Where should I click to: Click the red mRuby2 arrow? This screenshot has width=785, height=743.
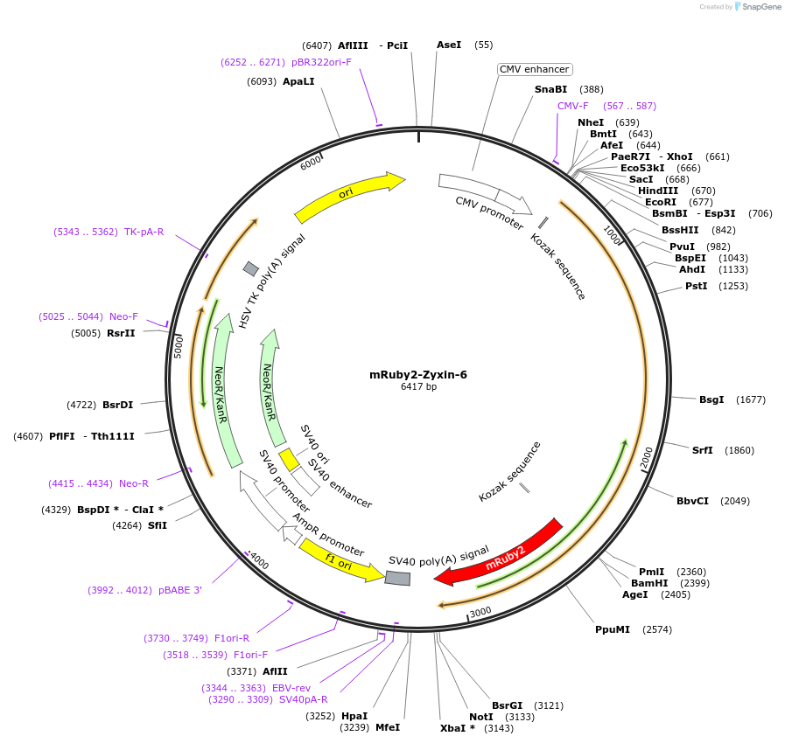[x=500, y=553]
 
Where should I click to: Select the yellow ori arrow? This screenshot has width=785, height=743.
[x=348, y=197]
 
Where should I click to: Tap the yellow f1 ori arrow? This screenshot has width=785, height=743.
[x=340, y=559]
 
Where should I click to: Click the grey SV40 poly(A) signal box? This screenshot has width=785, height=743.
[x=398, y=578]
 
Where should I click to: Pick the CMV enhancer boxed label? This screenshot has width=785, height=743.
[x=535, y=69]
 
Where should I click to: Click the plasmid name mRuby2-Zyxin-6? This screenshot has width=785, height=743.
[x=418, y=375]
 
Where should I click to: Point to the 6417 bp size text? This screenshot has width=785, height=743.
[x=418, y=386]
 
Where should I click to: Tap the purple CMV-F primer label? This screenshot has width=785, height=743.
[x=573, y=106]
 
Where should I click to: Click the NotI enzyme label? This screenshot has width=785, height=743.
[x=481, y=717]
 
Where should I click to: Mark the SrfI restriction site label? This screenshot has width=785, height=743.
[x=703, y=450]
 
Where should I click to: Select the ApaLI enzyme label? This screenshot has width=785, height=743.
[x=298, y=81]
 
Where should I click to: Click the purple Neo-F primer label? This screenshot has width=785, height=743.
[x=123, y=316]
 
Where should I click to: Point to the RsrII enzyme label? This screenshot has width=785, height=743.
[x=121, y=333]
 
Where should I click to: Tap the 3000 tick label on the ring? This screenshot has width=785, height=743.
[x=480, y=612]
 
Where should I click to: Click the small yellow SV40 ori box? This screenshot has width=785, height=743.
[x=289, y=458]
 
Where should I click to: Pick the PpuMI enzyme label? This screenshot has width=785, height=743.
[x=613, y=629]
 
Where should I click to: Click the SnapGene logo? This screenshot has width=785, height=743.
[x=758, y=6]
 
